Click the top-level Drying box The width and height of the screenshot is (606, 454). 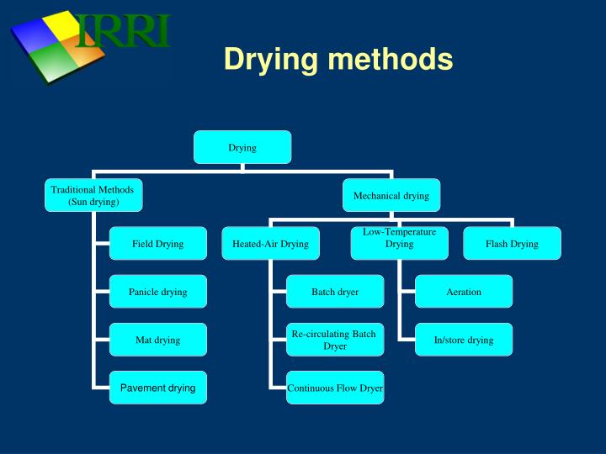point(242,147)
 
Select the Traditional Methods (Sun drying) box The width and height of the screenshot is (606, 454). point(93,195)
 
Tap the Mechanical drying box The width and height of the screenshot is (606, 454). point(391,195)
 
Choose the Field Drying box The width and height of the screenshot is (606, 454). point(157,244)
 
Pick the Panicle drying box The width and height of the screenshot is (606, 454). point(157,292)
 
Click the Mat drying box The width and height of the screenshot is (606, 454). point(157,340)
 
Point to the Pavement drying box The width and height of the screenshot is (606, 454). point(157,388)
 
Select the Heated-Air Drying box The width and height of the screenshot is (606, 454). point(270,244)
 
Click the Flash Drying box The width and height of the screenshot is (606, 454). point(512,244)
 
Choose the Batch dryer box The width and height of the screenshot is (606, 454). point(335,292)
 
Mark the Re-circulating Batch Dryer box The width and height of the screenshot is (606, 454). point(335,340)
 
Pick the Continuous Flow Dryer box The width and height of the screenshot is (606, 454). point(335,388)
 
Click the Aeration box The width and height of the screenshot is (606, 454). point(464,292)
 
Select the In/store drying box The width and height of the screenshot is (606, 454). point(464,340)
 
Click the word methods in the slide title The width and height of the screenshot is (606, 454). point(391,59)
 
